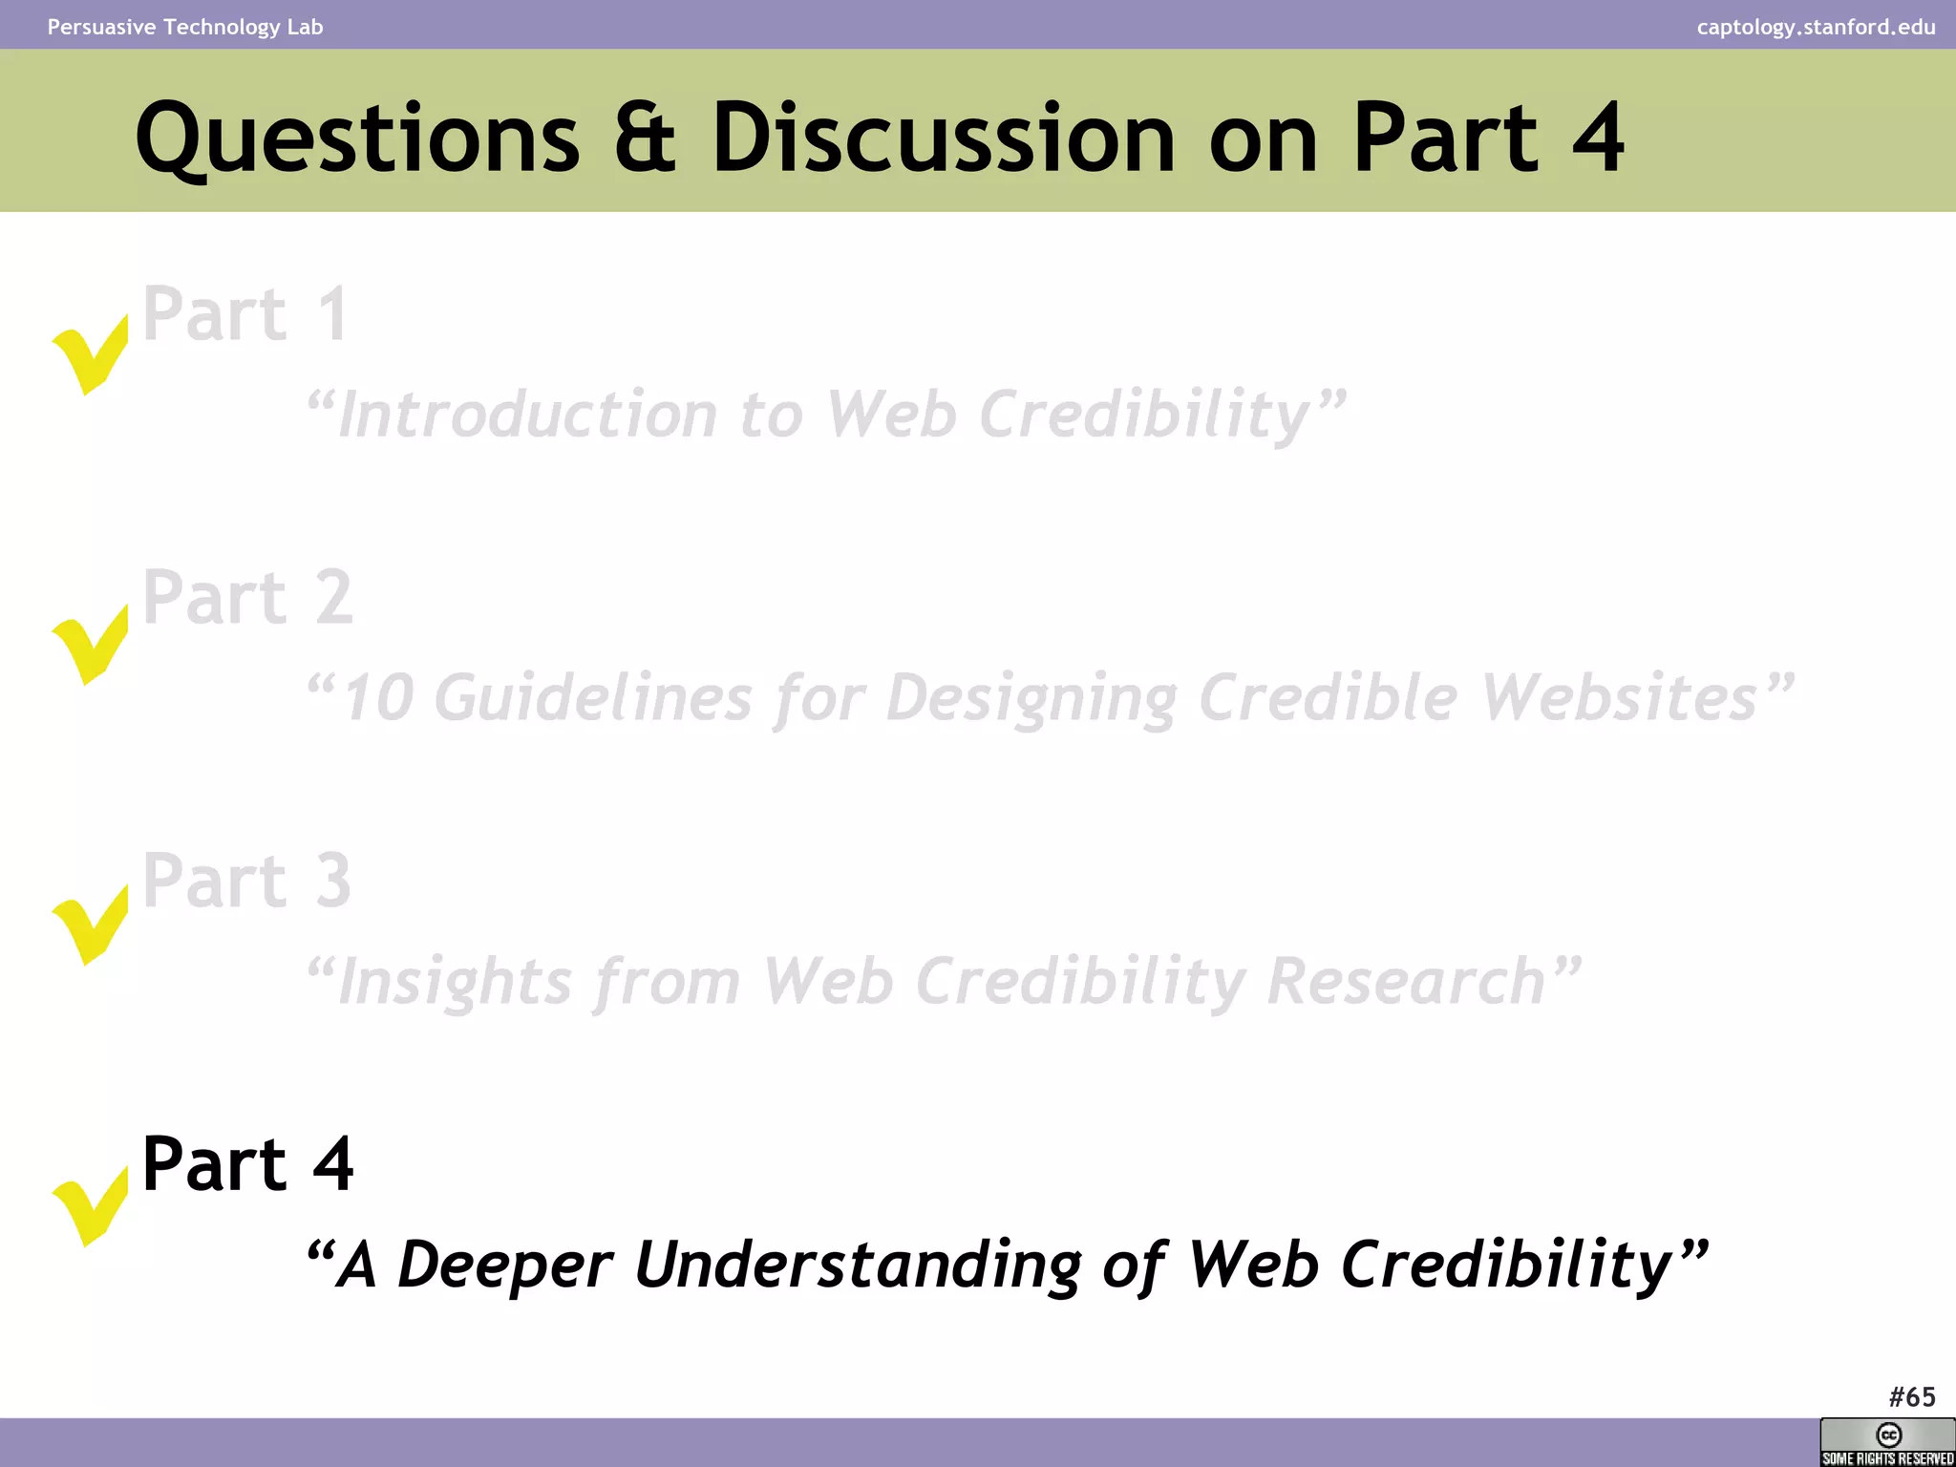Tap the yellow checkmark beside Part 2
(x=90, y=645)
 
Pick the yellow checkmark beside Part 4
(x=90, y=1206)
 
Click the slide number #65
(x=1911, y=1397)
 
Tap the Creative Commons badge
(x=1887, y=1442)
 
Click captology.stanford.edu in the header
(x=1816, y=27)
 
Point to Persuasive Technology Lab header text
(x=185, y=27)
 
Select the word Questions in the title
(x=358, y=138)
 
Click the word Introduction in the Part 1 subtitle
(x=528, y=415)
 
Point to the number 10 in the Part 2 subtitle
(x=378, y=697)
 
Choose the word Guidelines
(x=593, y=697)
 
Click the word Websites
(x=1619, y=697)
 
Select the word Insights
(x=456, y=982)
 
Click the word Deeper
(x=504, y=1265)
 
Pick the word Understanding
(x=857, y=1265)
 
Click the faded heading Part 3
(x=246, y=880)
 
